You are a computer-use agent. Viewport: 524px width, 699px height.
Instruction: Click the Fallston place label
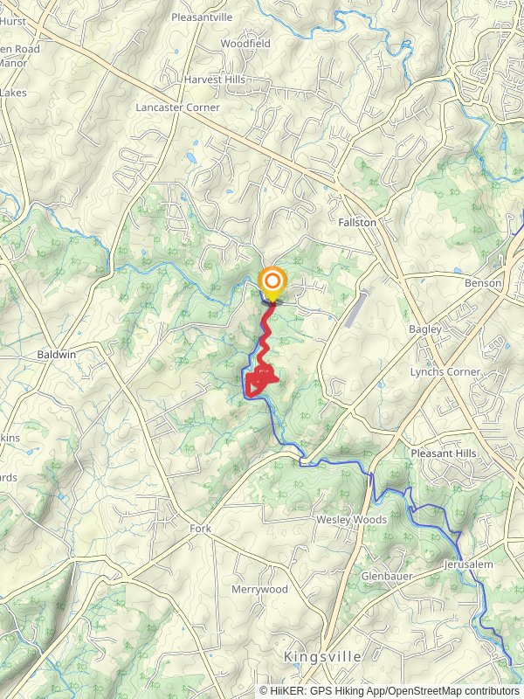pos(357,223)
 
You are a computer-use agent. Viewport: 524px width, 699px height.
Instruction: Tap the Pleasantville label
pos(202,17)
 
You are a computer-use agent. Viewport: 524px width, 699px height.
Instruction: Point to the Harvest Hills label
pos(215,79)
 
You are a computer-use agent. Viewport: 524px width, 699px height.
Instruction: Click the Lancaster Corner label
pos(178,107)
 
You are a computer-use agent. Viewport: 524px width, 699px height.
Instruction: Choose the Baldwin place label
pos(58,355)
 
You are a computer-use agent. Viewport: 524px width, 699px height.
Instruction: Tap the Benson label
pos(483,283)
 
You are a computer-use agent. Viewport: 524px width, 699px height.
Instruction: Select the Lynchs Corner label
pos(445,371)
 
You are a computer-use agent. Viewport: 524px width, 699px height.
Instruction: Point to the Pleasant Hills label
pos(444,453)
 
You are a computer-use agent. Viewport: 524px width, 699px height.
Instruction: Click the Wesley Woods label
pos(351,520)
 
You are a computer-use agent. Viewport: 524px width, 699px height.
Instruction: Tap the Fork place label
pos(201,529)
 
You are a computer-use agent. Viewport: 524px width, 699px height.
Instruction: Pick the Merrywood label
pos(259,590)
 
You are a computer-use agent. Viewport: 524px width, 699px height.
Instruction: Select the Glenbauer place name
pos(387,576)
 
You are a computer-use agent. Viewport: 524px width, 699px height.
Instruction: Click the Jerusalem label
pos(468,564)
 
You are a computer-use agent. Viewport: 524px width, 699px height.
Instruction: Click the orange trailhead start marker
pos(272,281)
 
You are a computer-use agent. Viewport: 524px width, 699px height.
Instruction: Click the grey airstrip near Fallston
pos(356,310)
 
